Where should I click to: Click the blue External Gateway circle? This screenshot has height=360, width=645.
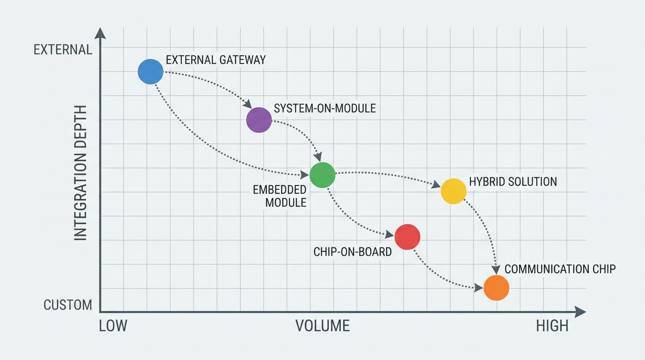pos(150,72)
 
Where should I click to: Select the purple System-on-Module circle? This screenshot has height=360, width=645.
pos(259,120)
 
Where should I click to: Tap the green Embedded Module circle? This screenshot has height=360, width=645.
pos(322,175)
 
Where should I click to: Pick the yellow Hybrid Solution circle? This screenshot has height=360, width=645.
pos(453,191)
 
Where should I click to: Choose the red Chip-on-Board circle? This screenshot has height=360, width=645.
pos(407,237)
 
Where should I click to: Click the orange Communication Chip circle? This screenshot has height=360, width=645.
pos(496,287)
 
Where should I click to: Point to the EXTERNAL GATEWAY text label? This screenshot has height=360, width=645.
pos(216,60)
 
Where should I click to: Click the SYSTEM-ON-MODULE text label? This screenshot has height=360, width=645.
pos(324,108)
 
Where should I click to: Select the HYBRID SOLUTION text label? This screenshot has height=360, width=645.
pos(513,181)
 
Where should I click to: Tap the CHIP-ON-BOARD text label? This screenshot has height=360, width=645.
pos(352,252)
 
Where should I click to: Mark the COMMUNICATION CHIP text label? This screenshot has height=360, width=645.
pos(560,269)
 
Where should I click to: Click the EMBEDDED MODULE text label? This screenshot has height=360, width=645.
pos(279,196)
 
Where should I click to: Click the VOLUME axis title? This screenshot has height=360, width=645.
pos(322,326)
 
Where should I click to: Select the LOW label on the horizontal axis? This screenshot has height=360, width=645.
pos(113,326)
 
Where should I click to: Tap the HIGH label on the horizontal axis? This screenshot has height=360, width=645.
pos(552,326)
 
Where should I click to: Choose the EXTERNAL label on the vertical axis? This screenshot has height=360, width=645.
pos(63,50)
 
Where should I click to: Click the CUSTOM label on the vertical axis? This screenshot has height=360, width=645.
pos(67,305)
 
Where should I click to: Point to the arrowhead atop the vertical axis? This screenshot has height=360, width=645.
pos(100,33)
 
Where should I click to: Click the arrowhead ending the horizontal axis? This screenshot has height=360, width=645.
pos(581,312)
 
